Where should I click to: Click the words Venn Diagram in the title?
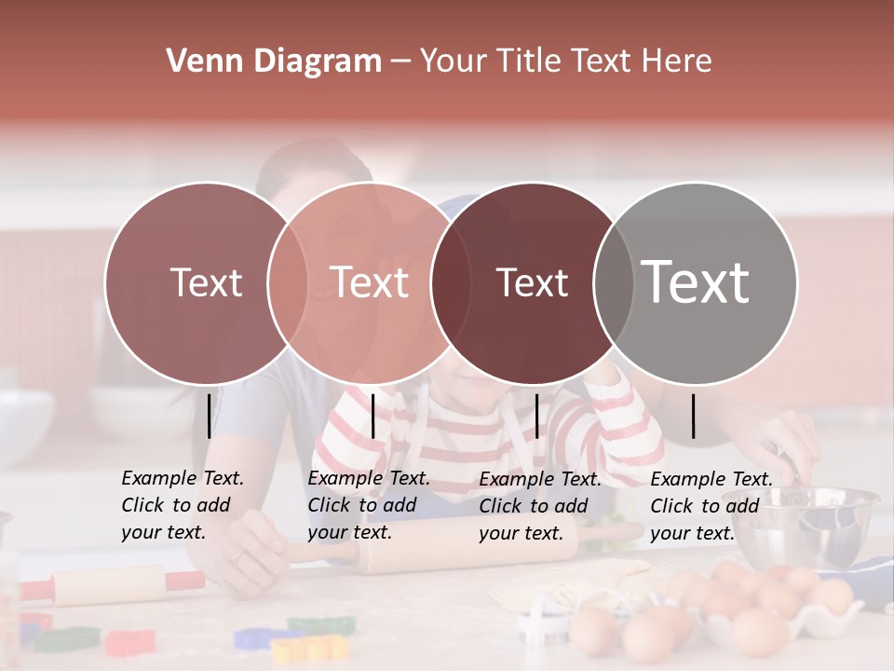point(273,62)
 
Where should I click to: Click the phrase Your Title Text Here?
point(565,62)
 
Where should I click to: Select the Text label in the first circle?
point(206,282)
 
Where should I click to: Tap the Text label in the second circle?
point(370,282)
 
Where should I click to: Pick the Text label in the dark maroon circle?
point(532,282)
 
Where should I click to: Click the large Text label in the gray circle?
point(696,282)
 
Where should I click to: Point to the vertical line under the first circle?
point(209,416)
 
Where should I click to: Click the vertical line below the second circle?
point(372,416)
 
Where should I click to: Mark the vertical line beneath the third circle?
point(536,416)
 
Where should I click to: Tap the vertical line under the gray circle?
point(693,416)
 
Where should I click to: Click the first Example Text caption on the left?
point(182,505)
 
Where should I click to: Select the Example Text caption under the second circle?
point(368,505)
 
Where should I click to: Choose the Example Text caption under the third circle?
point(539,506)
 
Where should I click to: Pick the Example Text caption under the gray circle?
point(711,506)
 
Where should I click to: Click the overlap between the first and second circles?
point(288,282)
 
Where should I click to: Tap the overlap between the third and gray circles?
point(611,282)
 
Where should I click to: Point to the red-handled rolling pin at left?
point(112,585)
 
